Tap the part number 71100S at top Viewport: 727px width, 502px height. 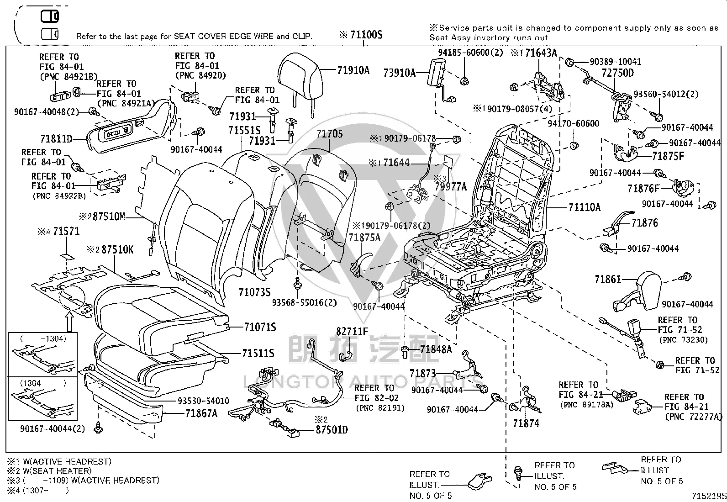click(366, 35)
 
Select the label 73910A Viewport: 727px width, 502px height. click(399, 73)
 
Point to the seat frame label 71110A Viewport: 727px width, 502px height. click(585, 207)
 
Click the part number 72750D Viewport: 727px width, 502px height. click(617, 73)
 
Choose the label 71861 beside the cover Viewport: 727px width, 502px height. click(607, 279)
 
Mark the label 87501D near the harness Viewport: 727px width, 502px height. click(332, 429)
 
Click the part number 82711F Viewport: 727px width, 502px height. click(352, 331)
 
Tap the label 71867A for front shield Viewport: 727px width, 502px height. click(201, 413)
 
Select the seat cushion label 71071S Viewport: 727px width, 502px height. click(260, 327)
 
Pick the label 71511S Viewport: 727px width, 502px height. click(258, 353)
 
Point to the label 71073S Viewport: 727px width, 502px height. click(254, 292)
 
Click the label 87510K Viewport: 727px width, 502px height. click(117, 249)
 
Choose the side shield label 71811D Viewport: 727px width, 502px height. click(56, 139)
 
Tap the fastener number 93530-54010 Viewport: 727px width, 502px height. click(203, 401)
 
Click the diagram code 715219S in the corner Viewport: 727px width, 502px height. click(709, 496)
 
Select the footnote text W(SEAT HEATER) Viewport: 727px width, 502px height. click(57, 471)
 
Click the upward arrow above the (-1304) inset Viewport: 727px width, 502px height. click(69, 321)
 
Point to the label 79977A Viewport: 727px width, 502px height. click(450, 186)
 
